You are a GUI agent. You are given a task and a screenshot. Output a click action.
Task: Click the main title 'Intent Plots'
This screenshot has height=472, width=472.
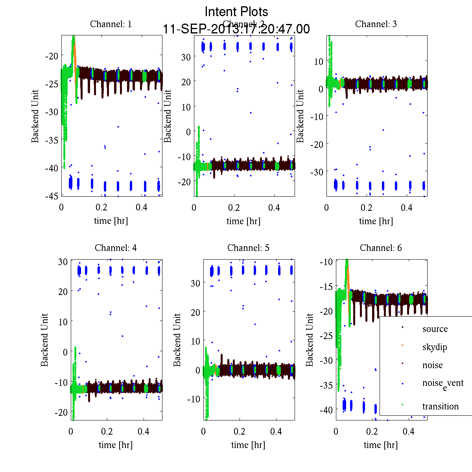[x=236, y=11]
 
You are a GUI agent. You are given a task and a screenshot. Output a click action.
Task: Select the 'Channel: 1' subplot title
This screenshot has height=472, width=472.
[x=111, y=24]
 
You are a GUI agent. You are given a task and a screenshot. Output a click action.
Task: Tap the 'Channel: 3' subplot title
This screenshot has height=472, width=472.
[x=376, y=24]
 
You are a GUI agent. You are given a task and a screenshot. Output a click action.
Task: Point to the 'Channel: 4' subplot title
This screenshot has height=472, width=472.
[x=116, y=248]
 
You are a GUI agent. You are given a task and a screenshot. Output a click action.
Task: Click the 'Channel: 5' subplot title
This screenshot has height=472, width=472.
[x=248, y=248]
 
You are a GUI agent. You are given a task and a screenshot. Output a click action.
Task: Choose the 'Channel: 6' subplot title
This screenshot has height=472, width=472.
[x=381, y=248]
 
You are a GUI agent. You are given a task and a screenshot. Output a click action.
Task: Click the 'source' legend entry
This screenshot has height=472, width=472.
[x=435, y=329]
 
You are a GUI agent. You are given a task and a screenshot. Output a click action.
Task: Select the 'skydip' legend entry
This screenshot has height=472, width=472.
[x=434, y=347]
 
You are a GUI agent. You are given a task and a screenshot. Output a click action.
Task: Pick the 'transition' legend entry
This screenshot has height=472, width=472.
[x=440, y=406]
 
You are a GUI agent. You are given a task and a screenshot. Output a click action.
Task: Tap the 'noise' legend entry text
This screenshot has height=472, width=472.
[x=432, y=365]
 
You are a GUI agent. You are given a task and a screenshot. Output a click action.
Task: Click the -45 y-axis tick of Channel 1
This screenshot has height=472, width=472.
[x=52, y=196]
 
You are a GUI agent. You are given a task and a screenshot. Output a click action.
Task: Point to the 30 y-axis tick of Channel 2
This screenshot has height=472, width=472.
[x=186, y=57]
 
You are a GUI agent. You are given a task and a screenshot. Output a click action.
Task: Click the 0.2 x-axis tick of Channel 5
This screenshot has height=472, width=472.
[x=240, y=431]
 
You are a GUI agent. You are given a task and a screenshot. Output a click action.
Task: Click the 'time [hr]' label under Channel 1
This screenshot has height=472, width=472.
[x=111, y=221]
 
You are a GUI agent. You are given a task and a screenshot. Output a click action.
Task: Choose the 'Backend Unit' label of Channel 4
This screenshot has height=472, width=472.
[x=44, y=340]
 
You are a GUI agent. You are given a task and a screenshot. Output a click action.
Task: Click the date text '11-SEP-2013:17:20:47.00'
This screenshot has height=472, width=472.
[x=236, y=29]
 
